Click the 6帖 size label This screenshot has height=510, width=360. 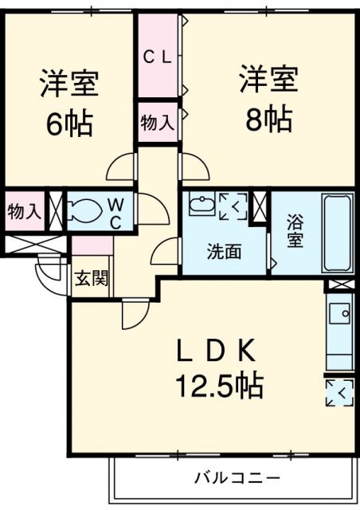point(69,124)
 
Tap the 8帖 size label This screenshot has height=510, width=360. point(268,120)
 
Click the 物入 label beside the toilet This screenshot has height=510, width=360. point(24,211)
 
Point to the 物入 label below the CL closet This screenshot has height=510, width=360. point(157,122)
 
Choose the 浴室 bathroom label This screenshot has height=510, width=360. point(295,232)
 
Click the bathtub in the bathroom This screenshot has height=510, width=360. point(338,233)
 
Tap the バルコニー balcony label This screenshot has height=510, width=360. point(237,478)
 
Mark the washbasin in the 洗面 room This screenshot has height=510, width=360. point(199,204)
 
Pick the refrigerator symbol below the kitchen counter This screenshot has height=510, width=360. point(339,391)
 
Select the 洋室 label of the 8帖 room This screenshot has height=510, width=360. point(268,80)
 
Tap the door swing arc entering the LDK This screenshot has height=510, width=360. point(135,315)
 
